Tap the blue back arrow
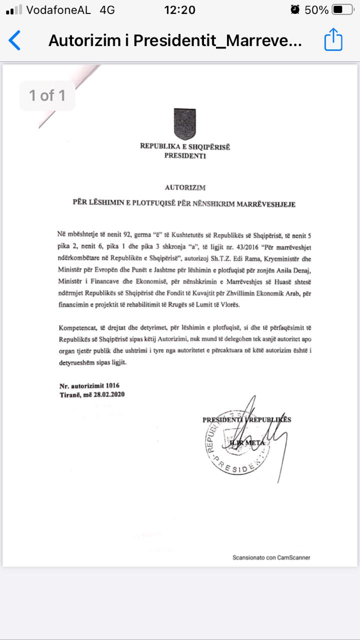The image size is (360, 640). point(15,40)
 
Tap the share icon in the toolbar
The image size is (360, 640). point(333,39)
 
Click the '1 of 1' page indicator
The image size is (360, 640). point(47,95)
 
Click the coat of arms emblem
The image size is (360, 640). point(184,123)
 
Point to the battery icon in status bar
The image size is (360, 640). point(342,9)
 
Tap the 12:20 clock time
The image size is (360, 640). point(179,9)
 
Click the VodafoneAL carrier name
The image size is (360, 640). point(58,9)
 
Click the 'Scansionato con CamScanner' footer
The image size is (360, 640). point(271,557)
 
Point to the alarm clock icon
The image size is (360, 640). point(295,9)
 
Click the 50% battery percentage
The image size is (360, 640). point(317,9)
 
